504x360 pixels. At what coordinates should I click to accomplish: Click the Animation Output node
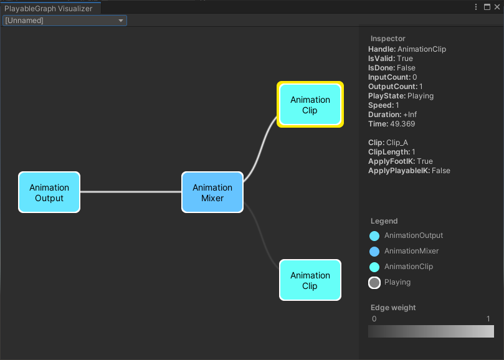[49, 192]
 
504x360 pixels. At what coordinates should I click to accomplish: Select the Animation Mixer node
[212, 192]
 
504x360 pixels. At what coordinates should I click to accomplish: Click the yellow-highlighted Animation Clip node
[310, 105]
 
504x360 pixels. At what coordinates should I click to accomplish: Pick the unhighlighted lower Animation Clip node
[310, 280]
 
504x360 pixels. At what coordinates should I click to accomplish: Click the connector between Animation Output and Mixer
[131, 192]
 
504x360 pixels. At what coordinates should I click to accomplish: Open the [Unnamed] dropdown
[65, 21]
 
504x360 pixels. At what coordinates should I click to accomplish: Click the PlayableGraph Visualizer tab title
[49, 8]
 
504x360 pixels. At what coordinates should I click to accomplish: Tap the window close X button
[497, 7]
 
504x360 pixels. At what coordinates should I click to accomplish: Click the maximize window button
[487, 7]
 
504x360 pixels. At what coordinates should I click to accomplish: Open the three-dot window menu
[477, 7]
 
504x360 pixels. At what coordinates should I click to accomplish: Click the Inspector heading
[388, 39]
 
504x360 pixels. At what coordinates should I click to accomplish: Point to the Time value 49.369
[402, 124]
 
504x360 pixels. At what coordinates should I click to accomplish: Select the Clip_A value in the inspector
[397, 143]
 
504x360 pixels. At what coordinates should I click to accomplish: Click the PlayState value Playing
[420, 96]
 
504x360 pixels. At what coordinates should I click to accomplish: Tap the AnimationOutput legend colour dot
[374, 236]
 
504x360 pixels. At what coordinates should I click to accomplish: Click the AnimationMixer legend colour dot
[374, 252]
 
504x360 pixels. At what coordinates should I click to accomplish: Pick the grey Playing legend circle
[374, 283]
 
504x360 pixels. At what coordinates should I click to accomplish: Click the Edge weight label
[393, 308]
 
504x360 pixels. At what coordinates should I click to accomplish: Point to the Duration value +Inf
[409, 115]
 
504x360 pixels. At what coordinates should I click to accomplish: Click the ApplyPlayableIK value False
[440, 171]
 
